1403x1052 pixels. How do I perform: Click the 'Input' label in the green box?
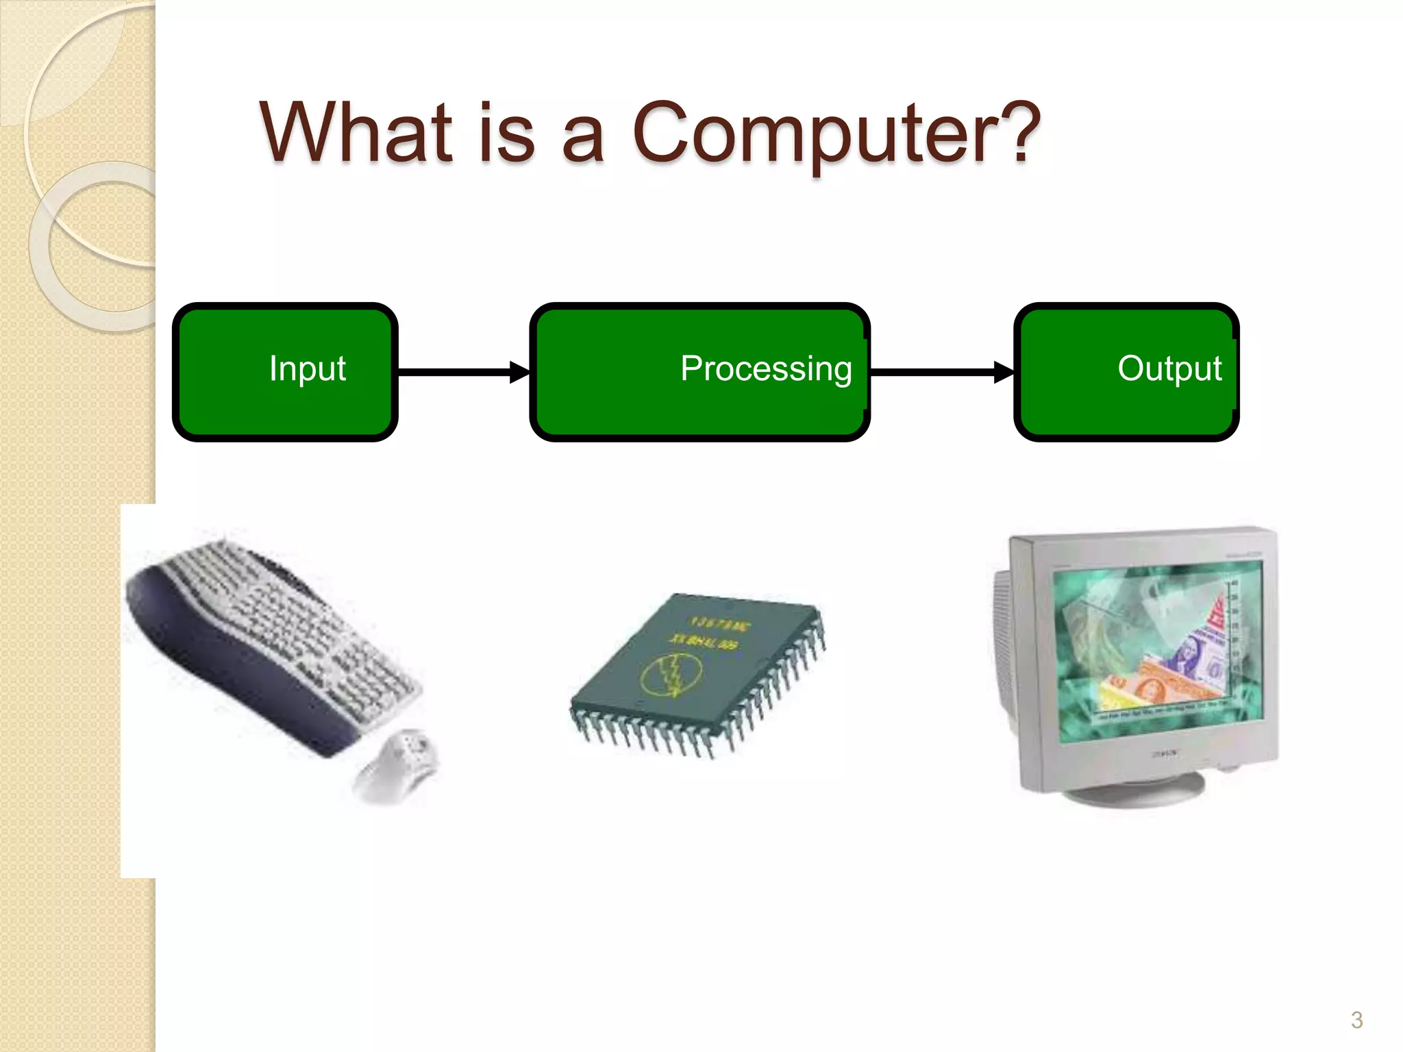tap(307, 368)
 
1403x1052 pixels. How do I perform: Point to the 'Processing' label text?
tap(766, 369)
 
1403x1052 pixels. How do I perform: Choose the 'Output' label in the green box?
tap(1169, 368)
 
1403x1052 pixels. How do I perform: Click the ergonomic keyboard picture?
tap(288, 637)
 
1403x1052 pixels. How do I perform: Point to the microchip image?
tap(699, 675)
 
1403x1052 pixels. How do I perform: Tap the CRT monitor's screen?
tap(1158, 651)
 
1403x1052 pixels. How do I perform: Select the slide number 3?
tap(1356, 1020)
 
